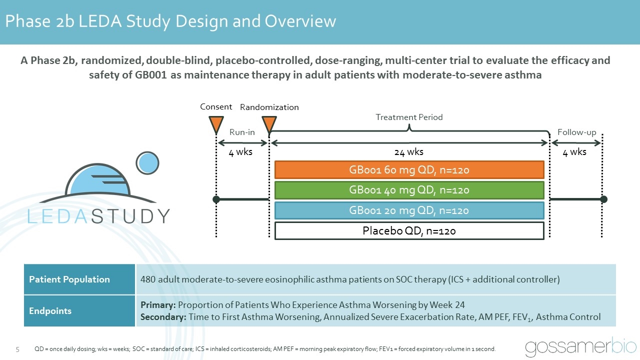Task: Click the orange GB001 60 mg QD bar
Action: [x=409, y=170]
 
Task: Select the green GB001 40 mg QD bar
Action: [x=409, y=190]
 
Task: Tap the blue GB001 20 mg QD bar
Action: [x=409, y=210]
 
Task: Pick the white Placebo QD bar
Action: [x=409, y=230]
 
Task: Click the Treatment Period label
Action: [x=409, y=117]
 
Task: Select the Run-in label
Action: [x=242, y=132]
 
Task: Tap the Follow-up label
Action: [x=576, y=132]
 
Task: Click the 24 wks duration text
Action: [x=409, y=152]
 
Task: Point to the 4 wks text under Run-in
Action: [x=240, y=152]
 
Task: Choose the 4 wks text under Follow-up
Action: [x=574, y=152]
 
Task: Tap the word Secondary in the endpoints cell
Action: [x=162, y=316]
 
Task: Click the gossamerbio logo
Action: [x=580, y=347]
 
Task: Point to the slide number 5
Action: [x=17, y=349]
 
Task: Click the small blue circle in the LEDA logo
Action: [x=147, y=163]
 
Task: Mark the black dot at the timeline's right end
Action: [x=603, y=199]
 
